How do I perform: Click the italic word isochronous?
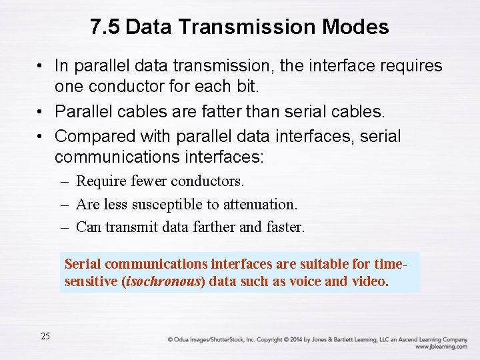point(163,281)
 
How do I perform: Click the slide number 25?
point(45,336)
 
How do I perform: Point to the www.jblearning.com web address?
point(441,347)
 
